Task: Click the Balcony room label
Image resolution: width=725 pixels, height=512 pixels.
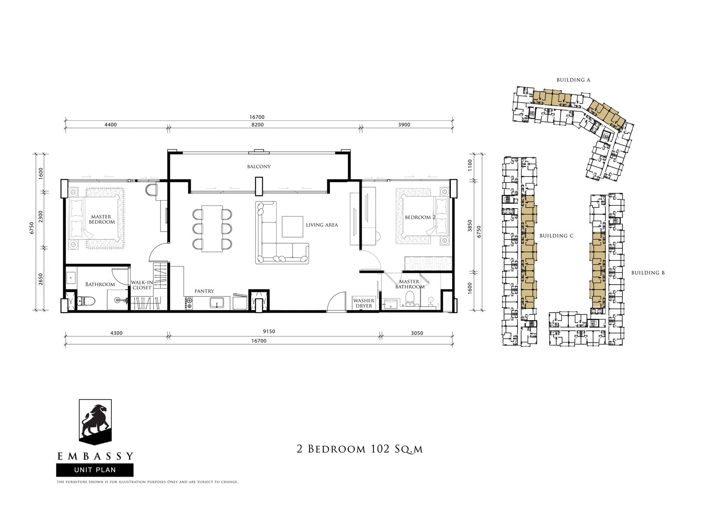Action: [x=258, y=166]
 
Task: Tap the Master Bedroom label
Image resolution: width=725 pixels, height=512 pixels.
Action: [x=102, y=219]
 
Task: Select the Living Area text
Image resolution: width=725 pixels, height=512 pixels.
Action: [x=322, y=225]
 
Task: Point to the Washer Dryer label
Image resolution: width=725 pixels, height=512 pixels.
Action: [x=364, y=303]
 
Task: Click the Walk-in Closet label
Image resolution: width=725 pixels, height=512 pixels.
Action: [x=142, y=285]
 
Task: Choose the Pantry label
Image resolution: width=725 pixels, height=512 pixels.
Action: [x=204, y=291]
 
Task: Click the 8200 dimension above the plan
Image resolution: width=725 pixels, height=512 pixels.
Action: [x=258, y=125]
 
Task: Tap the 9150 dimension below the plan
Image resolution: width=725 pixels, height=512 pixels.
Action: [x=269, y=332]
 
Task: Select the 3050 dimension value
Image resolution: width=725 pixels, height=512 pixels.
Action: [x=417, y=333]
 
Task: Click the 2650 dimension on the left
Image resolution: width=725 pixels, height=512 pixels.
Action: [x=41, y=280]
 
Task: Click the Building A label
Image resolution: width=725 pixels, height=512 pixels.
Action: [x=573, y=80]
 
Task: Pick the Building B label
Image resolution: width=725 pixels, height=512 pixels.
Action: [x=648, y=273]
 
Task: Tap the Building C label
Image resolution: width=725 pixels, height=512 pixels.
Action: [x=556, y=236]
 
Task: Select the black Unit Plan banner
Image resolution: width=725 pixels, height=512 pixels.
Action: [x=95, y=470]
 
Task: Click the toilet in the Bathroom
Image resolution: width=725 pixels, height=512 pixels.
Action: [x=86, y=302]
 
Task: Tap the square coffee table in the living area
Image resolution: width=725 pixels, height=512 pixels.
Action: [x=293, y=227]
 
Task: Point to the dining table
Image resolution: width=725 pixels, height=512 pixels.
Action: [x=212, y=228]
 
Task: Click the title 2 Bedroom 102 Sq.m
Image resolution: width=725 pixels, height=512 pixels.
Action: [x=360, y=449]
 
